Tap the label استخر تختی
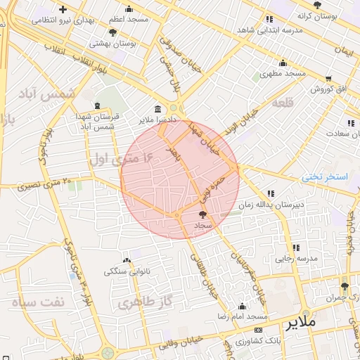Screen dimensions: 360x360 325,176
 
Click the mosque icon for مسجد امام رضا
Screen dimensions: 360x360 243,306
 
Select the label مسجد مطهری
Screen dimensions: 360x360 282,74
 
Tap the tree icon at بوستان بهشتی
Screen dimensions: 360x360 113,32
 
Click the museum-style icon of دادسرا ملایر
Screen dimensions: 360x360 157,110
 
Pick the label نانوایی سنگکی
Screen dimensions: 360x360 127,271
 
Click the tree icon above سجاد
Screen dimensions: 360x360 203,214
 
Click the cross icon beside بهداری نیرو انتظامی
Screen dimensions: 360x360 63,10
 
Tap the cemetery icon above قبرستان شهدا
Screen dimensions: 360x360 97,106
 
